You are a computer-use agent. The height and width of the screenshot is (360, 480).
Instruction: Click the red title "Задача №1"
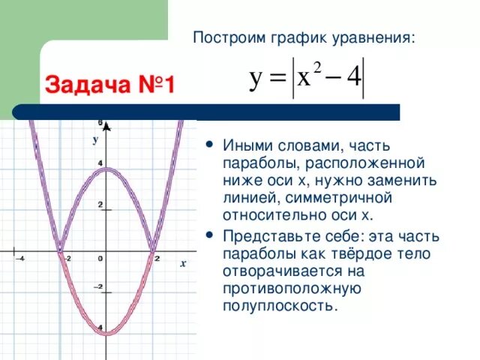pyautogui.click(x=110, y=84)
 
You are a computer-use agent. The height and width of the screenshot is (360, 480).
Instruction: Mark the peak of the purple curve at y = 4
pyautogui.click(x=106, y=169)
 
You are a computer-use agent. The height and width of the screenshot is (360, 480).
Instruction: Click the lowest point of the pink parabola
pyautogui.click(x=106, y=333)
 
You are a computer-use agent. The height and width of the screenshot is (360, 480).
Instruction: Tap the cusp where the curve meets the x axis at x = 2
pyautogui.click(x=153, y=250)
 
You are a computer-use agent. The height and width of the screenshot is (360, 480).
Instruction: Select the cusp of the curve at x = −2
pyautogui.click(x=60, y=250)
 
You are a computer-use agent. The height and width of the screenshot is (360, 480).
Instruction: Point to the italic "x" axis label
pyautogui.click(x=181, y=264)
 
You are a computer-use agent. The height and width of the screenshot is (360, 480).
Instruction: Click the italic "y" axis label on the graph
pyautogui.click(x=95, y=139)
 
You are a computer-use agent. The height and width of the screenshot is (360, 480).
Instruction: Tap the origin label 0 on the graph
pyautogui.click(x=100, y=259)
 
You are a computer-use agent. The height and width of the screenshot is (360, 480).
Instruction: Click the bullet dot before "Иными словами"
pyautogui.click(x=208, y=144)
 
